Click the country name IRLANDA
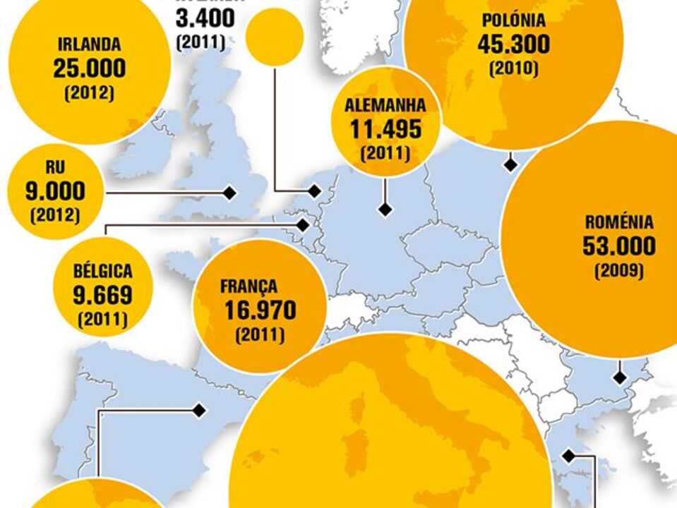coord(89,44)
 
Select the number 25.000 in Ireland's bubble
coord(89,68)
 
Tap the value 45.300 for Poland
coord(513,44)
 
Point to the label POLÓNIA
coord(513,21)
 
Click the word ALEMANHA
coord(385,107)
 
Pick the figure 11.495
coord(385,129)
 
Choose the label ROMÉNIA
coord(619,223)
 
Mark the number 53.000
coord(619,246)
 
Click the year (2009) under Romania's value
coord(619,270)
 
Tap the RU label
coord(55,168)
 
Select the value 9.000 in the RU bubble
coord(55,191)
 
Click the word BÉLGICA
coord(102,272)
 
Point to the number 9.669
coord(102,295)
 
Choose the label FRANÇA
coord(248,287)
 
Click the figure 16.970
coord(260,310)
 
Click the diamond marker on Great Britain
coord(229,193)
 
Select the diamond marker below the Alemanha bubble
coord(385,210)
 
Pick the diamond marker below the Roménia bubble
coord(620,377)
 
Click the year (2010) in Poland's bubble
coord(513,68)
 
